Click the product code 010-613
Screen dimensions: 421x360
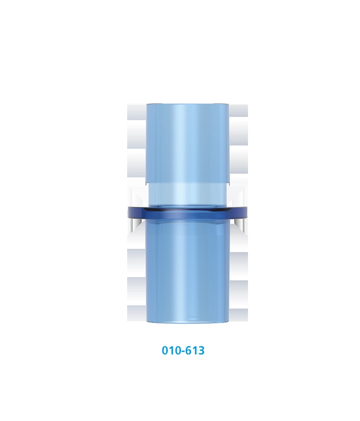coord(183,351)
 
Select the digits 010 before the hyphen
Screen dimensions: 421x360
coord(171,351)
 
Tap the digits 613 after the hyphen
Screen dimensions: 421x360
coord(195,351)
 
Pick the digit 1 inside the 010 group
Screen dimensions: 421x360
coord(171,351)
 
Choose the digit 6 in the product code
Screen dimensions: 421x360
coord(189,351)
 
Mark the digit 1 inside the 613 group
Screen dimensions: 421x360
coord(195,351)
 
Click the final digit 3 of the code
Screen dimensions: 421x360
coord(201,351)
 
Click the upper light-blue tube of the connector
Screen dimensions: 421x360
coord(187,142)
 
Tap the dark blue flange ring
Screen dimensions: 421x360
coord(187,212)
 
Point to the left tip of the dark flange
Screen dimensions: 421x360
coord(129,212)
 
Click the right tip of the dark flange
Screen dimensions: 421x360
coord(246,212)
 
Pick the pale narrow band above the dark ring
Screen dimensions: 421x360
coord(187,193)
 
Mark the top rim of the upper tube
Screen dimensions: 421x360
coord(187,105)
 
